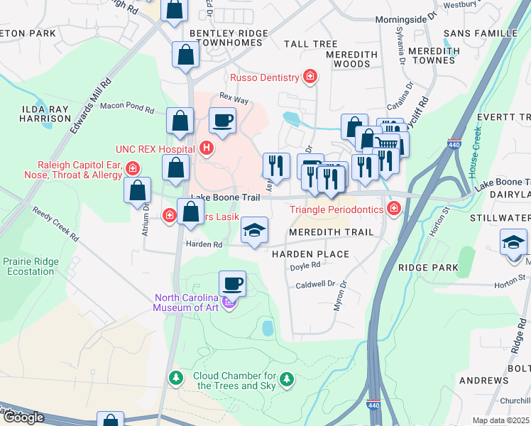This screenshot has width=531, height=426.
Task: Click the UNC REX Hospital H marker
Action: (207, 148)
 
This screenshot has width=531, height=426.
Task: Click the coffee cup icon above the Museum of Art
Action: (232, 283)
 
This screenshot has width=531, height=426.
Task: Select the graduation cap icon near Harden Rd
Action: (254, 230)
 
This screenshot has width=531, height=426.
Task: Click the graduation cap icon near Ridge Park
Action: (513, 242)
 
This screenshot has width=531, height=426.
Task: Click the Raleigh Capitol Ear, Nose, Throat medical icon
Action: (133, 168)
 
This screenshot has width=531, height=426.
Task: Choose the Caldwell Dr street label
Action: (314, 284)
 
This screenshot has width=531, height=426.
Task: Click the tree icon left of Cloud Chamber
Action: (175, 376)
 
